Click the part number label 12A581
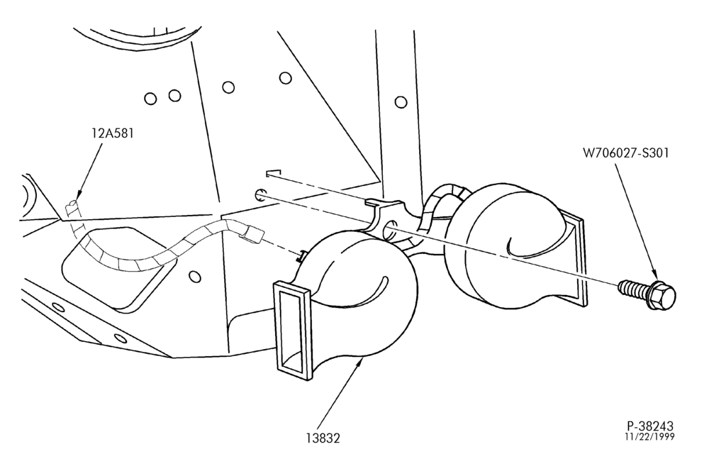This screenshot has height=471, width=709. point(112,133)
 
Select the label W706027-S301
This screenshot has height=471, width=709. point(626,153)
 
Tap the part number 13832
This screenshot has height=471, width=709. point(323,438)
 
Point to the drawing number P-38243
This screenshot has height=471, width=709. point(650,426)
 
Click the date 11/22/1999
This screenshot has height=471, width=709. point(649,437)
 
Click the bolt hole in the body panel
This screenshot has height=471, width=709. point(260,195)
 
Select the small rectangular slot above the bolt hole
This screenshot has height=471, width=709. point(274,173)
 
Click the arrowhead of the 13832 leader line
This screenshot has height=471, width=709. point(360,361)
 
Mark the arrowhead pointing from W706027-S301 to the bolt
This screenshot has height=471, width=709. point(655,274)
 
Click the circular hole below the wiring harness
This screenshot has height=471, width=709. point(194,276)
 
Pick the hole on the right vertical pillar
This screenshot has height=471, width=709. point(401,102)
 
